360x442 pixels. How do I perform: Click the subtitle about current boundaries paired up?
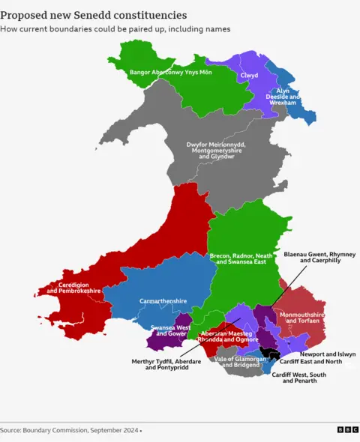[x=115, y=28]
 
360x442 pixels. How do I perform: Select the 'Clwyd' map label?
[x=248, y=76]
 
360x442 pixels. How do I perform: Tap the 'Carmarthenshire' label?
[x=163, y=301]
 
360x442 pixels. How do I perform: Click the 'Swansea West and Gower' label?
[x=169, y=330]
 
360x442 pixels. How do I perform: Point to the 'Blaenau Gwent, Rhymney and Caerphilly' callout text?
[x=319, y=258]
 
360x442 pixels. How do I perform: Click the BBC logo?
[x=346, y=430]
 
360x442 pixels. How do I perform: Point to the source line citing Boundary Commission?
[x=70, y=430]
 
